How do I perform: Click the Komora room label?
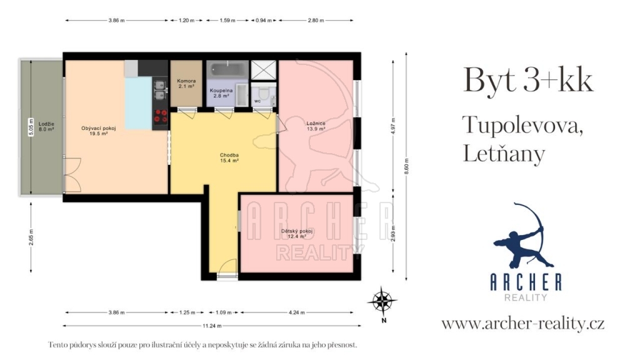click(186, 84)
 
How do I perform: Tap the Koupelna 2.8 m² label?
click(221, 93)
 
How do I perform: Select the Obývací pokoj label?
click(98, 131)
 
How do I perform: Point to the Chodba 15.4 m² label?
click(229, 158)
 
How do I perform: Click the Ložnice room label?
click(316, 126)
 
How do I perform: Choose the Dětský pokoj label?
click(297, 234)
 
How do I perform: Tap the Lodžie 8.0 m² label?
click(46, 126)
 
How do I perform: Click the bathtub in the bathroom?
click(227, 69)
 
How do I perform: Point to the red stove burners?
click(161, 116)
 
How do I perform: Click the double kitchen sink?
click(159, 90)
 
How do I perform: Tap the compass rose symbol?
click(382, 301)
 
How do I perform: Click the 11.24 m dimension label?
click(212, 326)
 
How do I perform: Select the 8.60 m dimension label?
click(406, 166)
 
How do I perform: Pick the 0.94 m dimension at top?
click(264, 21)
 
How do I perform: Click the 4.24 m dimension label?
click(297, 312)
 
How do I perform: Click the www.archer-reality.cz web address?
click(523, 324)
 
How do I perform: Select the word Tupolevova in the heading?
click(523, 125)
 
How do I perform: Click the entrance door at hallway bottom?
click(227, 269)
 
